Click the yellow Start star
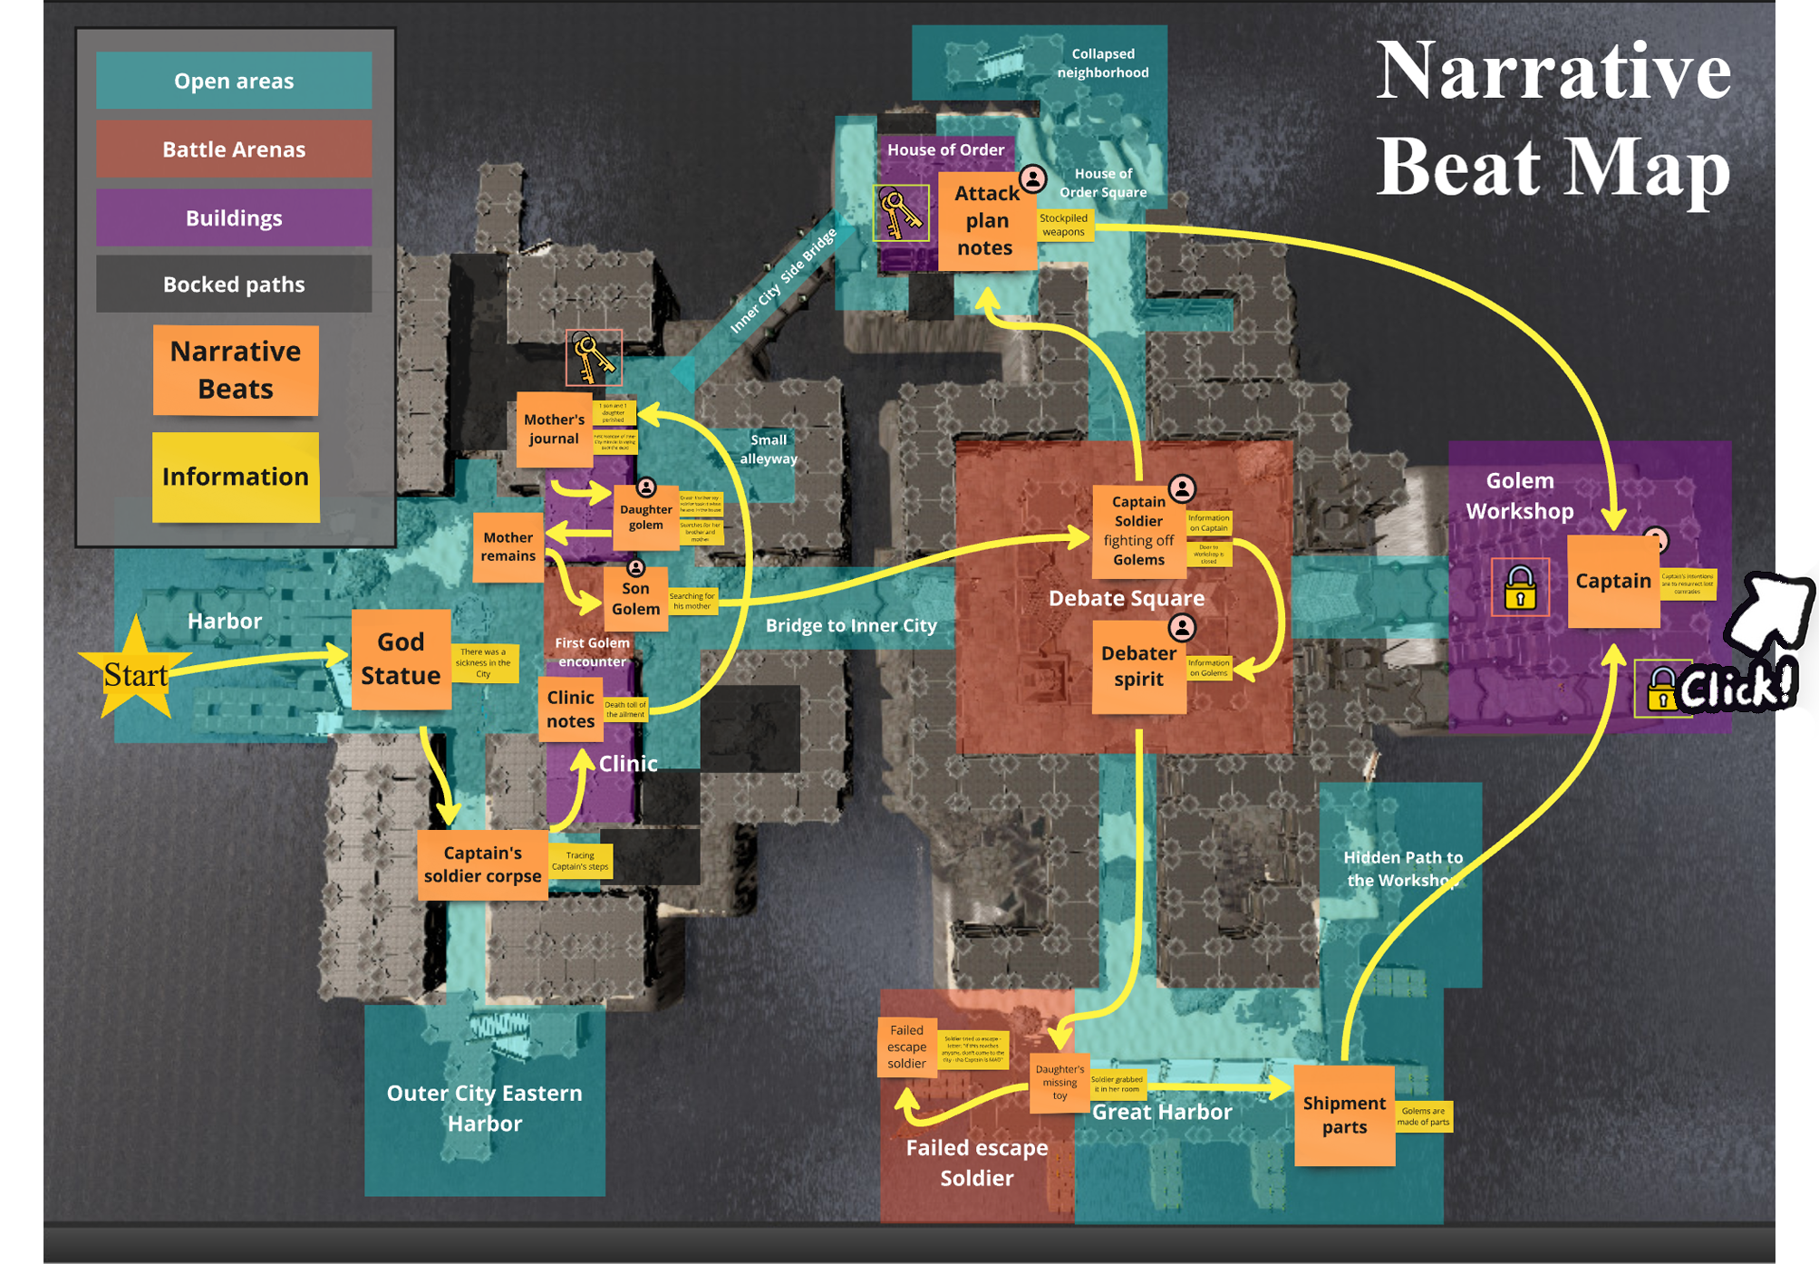pyautogui.click(x=135, y=671)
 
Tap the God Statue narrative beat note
pyautogui.click(x=401, y=659)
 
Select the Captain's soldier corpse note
pyautogui.click(x=482, y=864)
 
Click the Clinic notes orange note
pyautogui.click(x=570, y=709)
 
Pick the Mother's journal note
pyautogui.click(x=554, y=429)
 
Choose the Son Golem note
pyautogui.click(x=635, y=599)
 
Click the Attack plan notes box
pyautogui.click(x=986, y=221)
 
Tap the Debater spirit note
pyautogui.click(x=1138, y=667)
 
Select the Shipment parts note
pyautogui.click(x=1344, y=1115)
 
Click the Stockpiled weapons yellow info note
pyautogui.click(x=1063, y=226)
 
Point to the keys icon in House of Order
pyautogui.click(x=900, y=214)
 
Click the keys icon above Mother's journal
pyautogui.click(x=594, y=358)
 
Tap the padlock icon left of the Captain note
pyautogui.click(x=1520, y=587)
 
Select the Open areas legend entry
pyautogui.click(x=234, y=81)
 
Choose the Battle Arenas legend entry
pyautogui.click(x=234, y=150)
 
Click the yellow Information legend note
pyautogui.click(x=236, y=477)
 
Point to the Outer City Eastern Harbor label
pyautogui.click(x=484, y=1107)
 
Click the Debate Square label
pyautogui.click(x=1126, y=598)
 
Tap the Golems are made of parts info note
pyautogui.click(x=1423, y=1116)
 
